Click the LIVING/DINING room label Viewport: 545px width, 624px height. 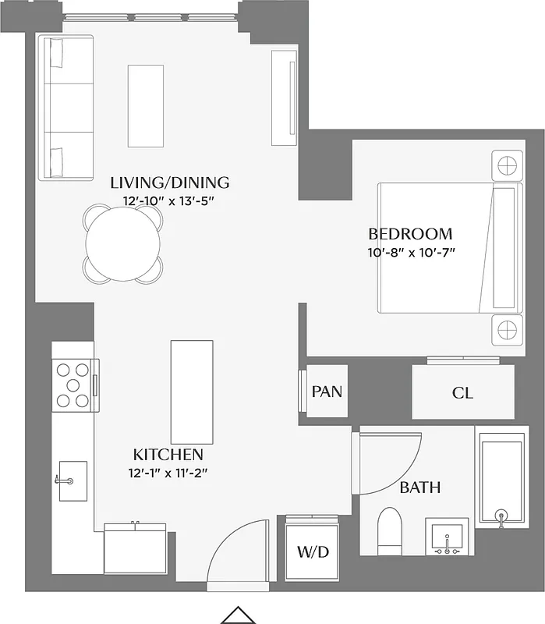pyautogui.click(x=170, y=183)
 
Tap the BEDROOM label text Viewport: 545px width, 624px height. pyautogui.click(x=410, y=233)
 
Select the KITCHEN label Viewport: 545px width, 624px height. pyautogui.click(x=168, y=455)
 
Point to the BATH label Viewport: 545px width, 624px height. pyautogui.click(x=420, y=488)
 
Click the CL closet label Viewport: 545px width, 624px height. pyautogui.click(x=462, y=393)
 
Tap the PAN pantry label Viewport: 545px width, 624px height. pyautogui.click(x=327, y=392)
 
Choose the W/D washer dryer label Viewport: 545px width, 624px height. pyautogui.click(x=313, y=552)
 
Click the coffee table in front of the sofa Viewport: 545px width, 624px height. pyautogui.click(x=146, y=105)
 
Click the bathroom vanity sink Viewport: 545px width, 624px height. pyautogui.click(x=448, y=537)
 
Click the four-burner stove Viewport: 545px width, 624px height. pyautogui.click(x=73, y=385)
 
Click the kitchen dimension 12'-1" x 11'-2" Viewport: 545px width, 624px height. pyautogui.click(x=168, y=471)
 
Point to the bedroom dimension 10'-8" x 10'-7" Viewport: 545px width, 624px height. pyautogui.click(x=410, y=251)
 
